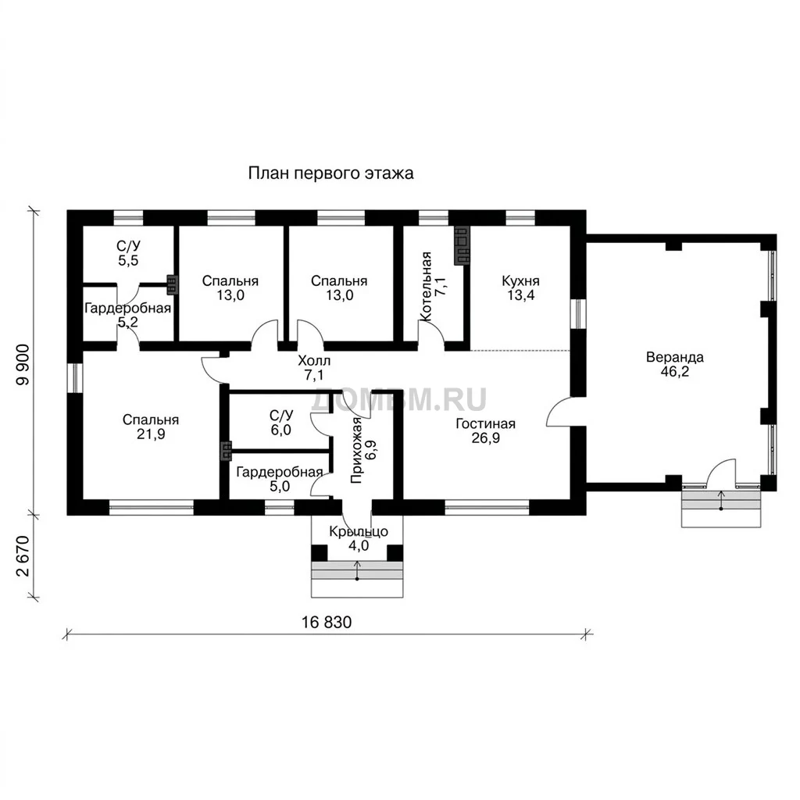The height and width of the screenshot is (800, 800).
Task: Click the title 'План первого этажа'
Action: coord(330,173)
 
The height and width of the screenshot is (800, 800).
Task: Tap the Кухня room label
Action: coord(520,281)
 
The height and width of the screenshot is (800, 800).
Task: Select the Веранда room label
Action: coord(674,357)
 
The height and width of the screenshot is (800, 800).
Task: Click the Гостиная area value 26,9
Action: coord(486,438)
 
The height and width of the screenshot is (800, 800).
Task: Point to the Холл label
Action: coord(314,361)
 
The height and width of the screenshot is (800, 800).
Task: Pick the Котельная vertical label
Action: coord(426,286)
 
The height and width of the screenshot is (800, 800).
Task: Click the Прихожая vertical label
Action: coord(356,450)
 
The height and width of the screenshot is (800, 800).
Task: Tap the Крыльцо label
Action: coord(358,532)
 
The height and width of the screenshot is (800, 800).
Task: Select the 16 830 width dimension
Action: coord(327,623)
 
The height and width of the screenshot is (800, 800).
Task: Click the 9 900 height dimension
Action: coord(23,364)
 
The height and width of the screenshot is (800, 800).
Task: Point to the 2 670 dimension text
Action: coord(23,556)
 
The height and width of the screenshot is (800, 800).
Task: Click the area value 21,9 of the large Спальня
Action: coord(151,434)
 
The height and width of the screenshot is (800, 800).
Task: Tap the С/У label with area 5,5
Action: coord(128,246)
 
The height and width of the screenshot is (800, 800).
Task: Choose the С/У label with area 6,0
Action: coord(281,416)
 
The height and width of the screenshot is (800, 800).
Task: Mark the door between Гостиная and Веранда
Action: coord(560,411)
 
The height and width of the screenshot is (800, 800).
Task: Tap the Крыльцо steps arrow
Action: coord(357,570)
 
